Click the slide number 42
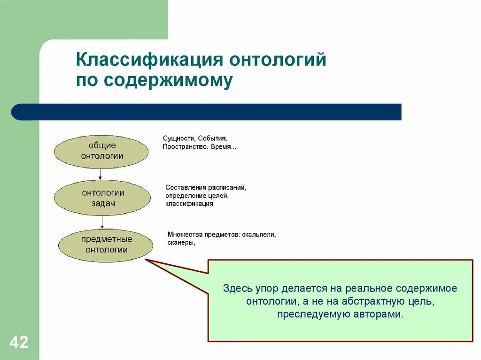point(19,342)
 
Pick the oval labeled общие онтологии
point(101,152)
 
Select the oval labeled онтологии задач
point(102,198)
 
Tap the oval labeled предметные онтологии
point(106,245)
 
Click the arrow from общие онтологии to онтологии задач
point(100,175)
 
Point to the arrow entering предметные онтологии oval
point(102,222)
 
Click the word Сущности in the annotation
point(178,138)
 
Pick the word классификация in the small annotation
point(189,204)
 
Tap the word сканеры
point(181,243)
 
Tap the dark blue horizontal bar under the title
point(207,112)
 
